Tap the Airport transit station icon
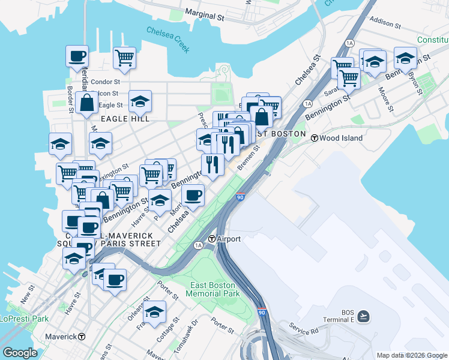(212, 239)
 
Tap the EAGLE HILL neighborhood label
(122, 119)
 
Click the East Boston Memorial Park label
(212, 289)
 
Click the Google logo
(20, 353)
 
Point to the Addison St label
(385, 22)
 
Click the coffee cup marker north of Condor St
(77, 57)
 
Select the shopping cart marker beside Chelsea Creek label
(124, 58)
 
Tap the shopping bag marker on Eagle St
(87, 103)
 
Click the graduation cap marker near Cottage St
(154, 312)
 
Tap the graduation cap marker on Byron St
(406, 59)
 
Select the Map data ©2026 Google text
(412, 355)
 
